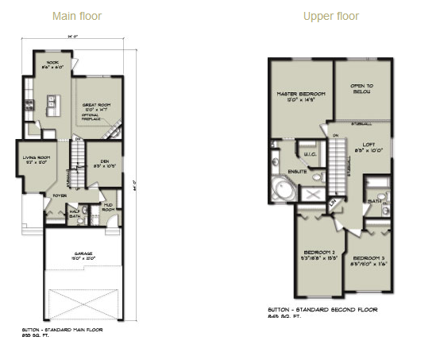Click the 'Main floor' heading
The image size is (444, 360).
(77, 16)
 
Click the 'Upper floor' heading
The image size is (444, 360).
(331, 16)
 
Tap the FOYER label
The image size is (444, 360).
(60, 193)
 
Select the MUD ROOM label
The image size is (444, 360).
(109, 208)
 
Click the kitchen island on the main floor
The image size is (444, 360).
(51, 103)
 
